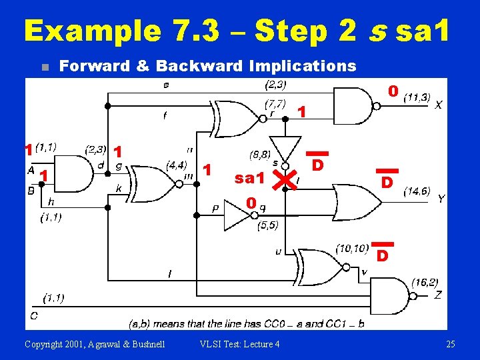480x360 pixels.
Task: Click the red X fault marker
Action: tap(285, 178)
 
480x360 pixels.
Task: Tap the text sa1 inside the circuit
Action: tap(251, 178)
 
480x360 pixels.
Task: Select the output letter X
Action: tap(438, 105)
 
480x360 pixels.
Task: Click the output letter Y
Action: tap(441, 199)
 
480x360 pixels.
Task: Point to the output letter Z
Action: tap(438, 295)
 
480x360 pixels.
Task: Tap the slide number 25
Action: tap(450, 344)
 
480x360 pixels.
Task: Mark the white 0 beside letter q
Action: tap(249, 203)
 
